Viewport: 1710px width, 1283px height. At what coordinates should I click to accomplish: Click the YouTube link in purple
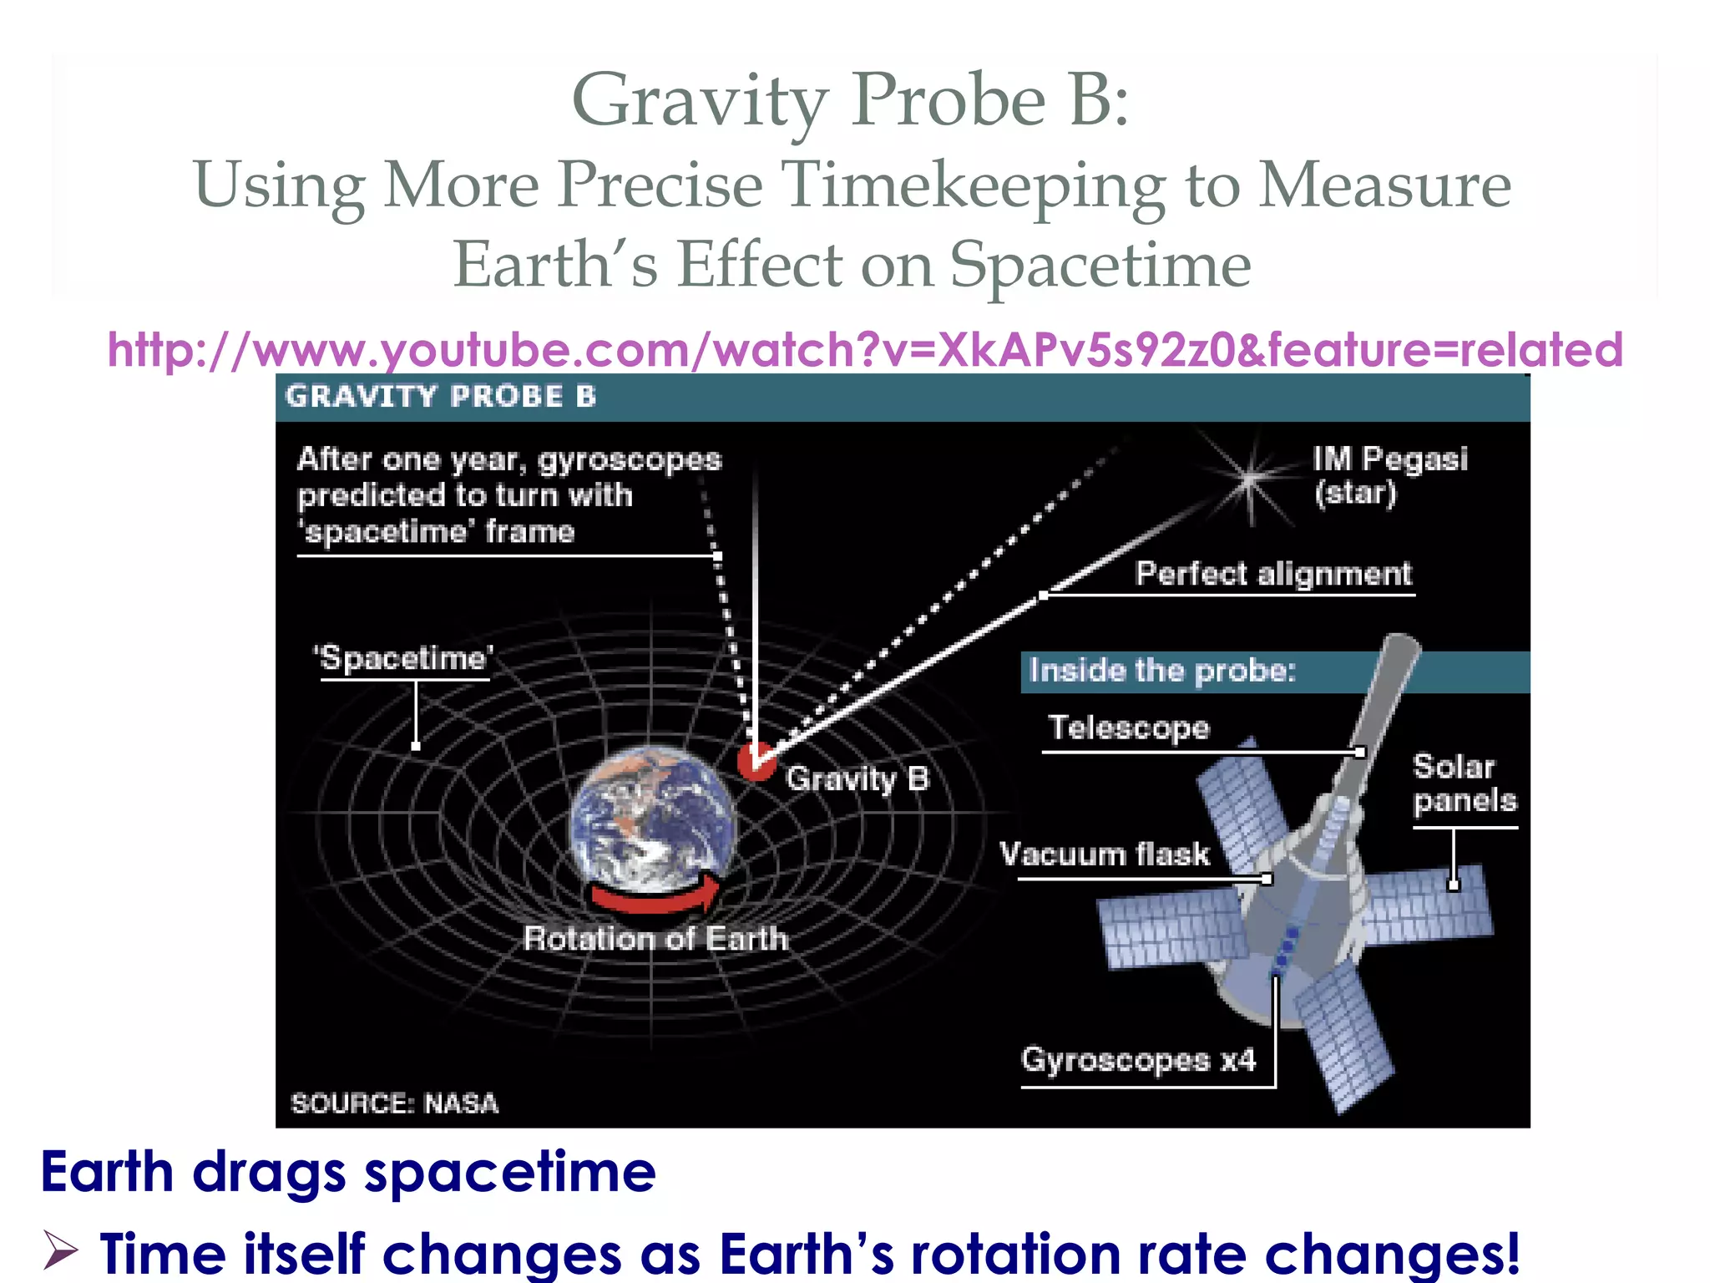(x=865, y=349)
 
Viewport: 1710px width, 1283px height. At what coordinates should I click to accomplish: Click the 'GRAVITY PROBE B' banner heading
(x=441, y=396)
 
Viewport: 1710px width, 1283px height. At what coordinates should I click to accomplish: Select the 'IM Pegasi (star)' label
(x=1389, y=475)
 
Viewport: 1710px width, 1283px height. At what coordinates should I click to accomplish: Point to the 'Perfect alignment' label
(x=1272, y=574)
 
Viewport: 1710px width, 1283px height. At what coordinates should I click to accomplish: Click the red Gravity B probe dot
(x=756, y=761)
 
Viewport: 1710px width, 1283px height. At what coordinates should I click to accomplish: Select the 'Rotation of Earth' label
(x=655, y=939)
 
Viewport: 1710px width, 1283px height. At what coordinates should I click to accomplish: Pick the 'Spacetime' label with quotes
(x=404, y=658)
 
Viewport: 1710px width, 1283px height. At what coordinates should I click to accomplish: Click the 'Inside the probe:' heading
(x=1162, y=671)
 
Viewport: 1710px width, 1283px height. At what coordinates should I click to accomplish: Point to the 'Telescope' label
(x=1129, y=728)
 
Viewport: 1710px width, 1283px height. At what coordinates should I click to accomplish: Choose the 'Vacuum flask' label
(x=1104, y=854)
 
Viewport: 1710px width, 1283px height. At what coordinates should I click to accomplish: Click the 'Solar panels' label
(x=1464, y=783)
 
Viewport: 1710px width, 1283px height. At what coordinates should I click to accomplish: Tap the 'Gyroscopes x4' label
(x=1139, y=1060)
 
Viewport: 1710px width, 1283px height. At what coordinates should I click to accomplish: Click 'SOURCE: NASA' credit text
(x=394, y=1103)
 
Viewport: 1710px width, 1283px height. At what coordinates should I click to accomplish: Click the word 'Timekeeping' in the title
(x=972, y=185)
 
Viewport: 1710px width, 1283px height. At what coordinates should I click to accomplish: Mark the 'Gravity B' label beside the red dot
(x=857, y=778)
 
